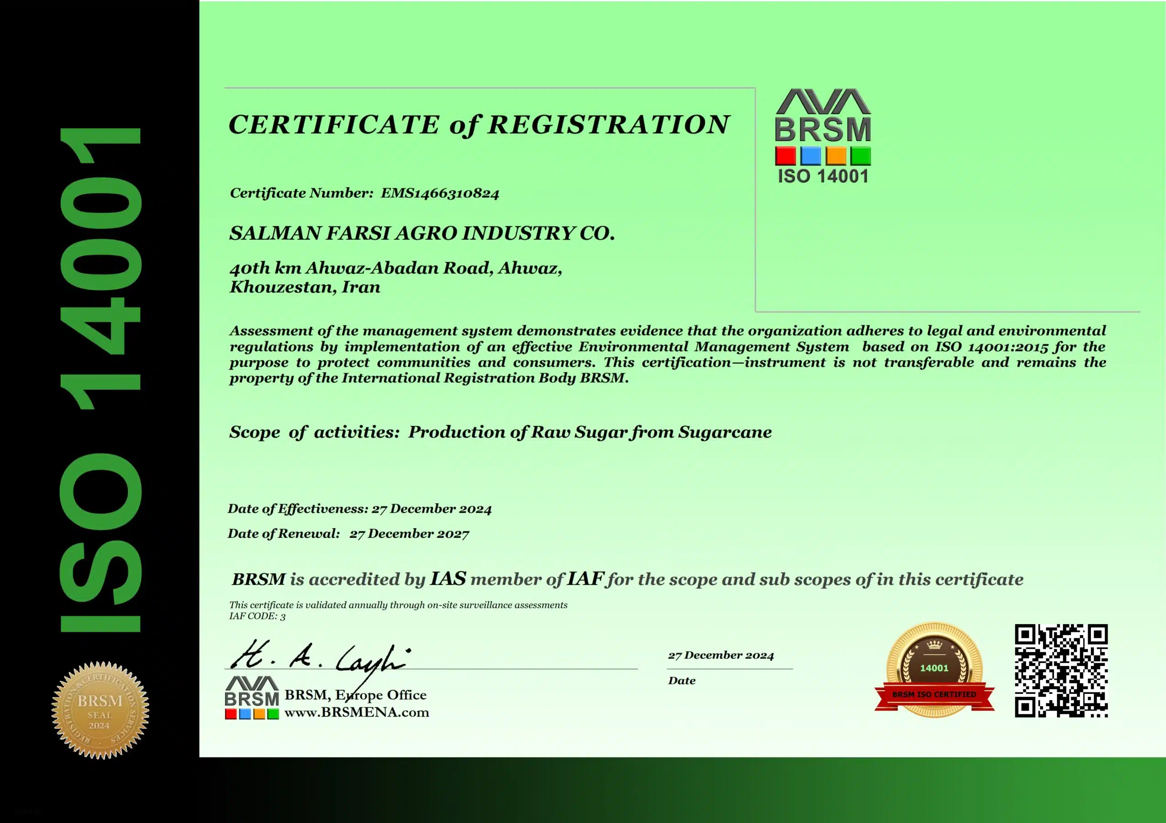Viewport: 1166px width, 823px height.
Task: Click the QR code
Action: click(1061, 670)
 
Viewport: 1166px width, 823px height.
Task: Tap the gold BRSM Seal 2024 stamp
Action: click(100, 710)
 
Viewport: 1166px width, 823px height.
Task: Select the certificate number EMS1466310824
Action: click(440, 193)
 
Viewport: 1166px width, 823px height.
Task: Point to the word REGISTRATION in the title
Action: click(608, 125)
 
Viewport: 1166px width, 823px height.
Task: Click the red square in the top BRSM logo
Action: click(785, 156)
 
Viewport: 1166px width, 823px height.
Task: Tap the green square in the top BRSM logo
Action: click(861, 156)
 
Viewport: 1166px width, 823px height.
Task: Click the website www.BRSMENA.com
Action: click(357, 712)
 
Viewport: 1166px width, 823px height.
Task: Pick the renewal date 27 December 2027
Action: click(409, 534)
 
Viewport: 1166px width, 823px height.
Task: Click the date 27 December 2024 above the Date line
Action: click(721, 655)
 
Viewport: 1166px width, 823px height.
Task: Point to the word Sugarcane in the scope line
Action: click(725, 432)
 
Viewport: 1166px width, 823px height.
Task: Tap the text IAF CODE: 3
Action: click(257, 616)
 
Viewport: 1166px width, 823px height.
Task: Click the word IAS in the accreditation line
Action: click(448, 579)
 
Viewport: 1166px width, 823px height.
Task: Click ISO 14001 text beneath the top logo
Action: click(823, 177)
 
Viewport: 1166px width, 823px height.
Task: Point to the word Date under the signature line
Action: click(681, 681)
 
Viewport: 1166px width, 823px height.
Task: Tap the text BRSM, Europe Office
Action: click(355, 695)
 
